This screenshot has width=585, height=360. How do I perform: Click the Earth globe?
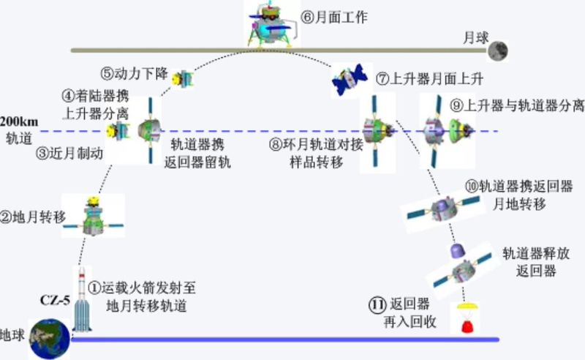point(48,338)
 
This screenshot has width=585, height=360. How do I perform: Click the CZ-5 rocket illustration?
point(83,300)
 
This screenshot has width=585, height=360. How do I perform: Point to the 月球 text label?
point(474,36)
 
